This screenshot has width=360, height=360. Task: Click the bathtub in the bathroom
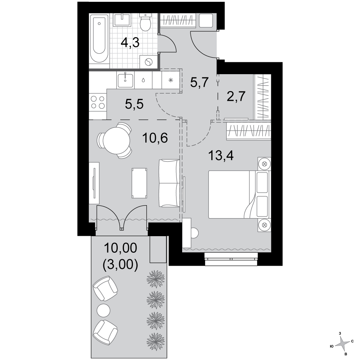click(99, 39)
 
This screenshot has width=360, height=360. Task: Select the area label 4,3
click(130, 43)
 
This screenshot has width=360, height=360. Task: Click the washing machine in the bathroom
click(149, 62)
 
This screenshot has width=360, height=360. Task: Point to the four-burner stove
click(98, 102)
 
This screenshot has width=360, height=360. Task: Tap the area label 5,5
click(134, 104)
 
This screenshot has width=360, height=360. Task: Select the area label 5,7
click(199, 82)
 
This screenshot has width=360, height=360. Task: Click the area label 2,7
click(236, 96)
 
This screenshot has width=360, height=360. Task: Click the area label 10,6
click(155, 138)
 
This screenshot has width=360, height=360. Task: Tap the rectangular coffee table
click(139, 183)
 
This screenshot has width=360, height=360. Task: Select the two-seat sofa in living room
click(169, 183)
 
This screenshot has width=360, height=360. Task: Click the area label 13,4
click(221, 156)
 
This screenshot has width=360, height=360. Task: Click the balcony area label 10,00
click(121, 248)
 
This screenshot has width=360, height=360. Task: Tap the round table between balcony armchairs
click(104, 310)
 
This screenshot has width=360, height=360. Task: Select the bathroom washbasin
click(123, 19)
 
